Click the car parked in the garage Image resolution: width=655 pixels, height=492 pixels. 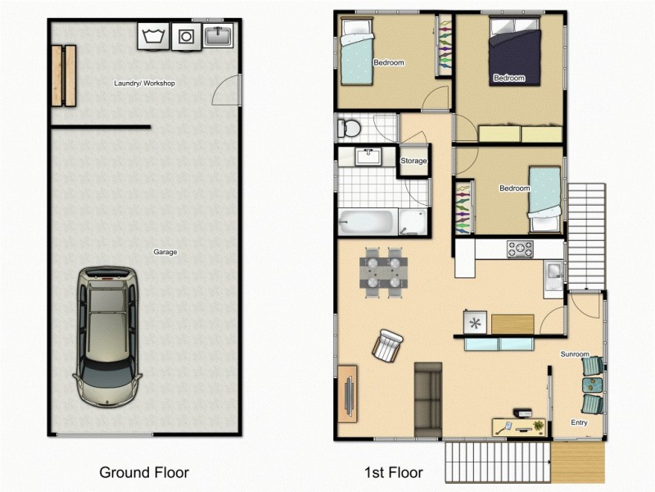(107, 336)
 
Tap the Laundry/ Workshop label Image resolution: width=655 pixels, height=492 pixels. (144, 84)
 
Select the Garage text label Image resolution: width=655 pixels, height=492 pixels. (165, 252)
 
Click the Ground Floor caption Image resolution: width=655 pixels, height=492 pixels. (144, 472)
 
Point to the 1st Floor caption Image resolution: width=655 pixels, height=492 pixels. (394, 472)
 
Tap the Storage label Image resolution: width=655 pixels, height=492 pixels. (413, 161)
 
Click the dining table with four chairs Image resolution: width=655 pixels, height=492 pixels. (383, 271)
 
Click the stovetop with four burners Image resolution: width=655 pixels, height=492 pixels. (519, 248)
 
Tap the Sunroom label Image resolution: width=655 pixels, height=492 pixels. (575, 354)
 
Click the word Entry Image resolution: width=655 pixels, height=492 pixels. (579, 423)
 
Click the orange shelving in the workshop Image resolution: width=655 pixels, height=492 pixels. (63, 75)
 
